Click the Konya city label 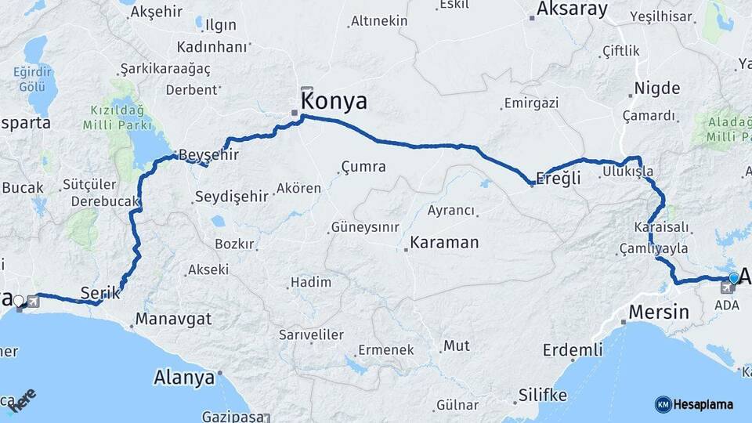coord(334,101)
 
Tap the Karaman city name coord(444,242)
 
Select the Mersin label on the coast coord(659,312)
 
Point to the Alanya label coord(184,377)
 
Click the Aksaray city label coord(572,9)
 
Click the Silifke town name coord(542,395)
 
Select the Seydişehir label coord(232,196)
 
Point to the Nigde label coord(656,88)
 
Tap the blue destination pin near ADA coord(734,278)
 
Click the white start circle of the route coord(19,299)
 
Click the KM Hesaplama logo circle coord(663,404)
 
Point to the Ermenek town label coord(385,350)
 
